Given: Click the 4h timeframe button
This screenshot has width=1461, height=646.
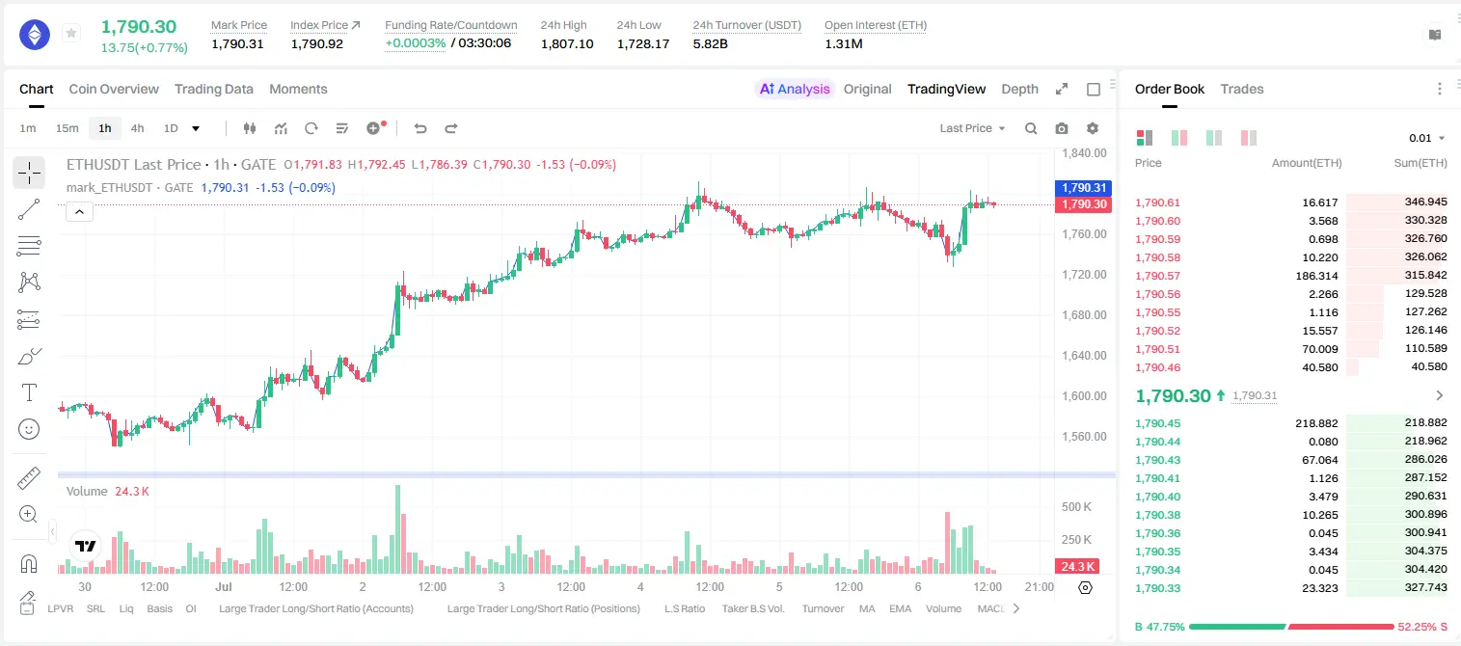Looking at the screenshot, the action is coord(137,128).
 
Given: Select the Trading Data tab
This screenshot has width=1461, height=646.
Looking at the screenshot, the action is coord(213,89).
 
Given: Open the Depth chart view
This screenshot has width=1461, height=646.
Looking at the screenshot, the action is coord(1019,89).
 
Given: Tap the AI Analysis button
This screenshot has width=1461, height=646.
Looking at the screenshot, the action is coord(795,89).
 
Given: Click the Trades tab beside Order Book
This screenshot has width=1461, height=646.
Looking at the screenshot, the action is coord(1242,89).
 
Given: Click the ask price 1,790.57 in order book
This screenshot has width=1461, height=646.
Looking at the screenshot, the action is coord(1158,276).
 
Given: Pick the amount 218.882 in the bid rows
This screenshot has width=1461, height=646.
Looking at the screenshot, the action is coord(1316,423).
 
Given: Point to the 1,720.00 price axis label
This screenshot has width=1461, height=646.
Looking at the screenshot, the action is coord(1084,275).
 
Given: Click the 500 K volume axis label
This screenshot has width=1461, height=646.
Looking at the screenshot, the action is coord(1076,506).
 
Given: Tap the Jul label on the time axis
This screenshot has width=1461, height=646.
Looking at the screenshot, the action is coord(224,586).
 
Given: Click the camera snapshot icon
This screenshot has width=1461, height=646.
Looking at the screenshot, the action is coord(1062,128).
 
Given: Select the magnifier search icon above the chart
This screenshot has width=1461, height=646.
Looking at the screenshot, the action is coord(1031,128).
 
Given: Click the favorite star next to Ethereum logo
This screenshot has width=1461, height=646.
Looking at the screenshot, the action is coord(71,33).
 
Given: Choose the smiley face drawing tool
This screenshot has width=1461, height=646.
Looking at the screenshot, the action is coord(29,429).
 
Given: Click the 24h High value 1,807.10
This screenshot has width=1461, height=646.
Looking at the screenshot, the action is coord(567,43).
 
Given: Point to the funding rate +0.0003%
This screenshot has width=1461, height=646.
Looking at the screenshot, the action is coord(416,43).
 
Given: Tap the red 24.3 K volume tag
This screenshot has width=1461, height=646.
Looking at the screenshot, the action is coord(1077,567).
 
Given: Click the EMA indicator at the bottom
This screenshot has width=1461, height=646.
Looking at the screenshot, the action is coord(900,608).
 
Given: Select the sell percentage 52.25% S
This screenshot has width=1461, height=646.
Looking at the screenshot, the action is coord(1422,627).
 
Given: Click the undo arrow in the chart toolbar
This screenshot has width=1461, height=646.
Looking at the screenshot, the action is coord(420,128).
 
